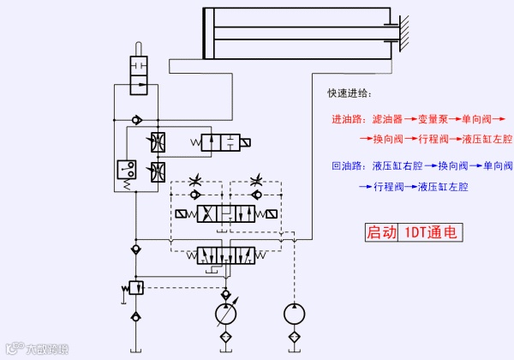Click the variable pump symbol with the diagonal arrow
click(x=227, y=313)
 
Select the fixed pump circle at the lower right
click(x=294, y=313)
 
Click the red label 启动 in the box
click(x=382, y=231)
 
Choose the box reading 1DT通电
click(x=432, y=231)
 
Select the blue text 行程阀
click(x=388, y=186)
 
